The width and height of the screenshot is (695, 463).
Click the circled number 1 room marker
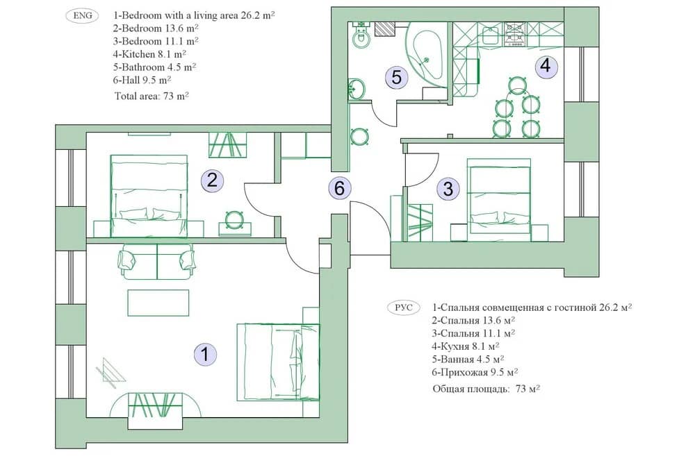[x=205, y=354]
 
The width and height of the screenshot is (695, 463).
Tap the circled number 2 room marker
[x=212, y=180]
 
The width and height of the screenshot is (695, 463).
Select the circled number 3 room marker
[x=448, y=189]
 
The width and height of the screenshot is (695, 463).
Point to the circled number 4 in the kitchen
[x=546, y=66]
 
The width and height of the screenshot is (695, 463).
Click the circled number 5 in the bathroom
[x=397, y=77]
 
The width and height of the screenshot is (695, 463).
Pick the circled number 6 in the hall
[x=340, y=187]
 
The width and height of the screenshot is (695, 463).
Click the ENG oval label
[x=83, y=15]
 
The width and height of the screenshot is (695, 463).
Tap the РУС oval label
[x=402, y=308]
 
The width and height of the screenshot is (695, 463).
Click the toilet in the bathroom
[x=362, y=35]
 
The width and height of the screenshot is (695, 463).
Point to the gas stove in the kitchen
[x=515, y=35]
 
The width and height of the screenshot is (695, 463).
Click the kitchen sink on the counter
[x=491, y=35]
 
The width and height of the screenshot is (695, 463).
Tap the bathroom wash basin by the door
[x=357, y=89]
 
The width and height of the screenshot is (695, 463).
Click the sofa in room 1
[x=157, y=262]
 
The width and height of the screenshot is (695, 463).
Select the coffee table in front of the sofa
[x=158, y=303]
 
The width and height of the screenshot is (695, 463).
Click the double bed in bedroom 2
[x=149, y=196]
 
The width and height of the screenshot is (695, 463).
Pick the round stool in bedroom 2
[x=234, y=219]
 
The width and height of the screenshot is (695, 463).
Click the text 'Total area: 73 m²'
[x=152, y=96]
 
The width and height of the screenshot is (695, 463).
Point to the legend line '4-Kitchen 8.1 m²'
[x=149, y=54]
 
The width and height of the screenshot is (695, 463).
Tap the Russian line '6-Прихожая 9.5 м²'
[x=475, y=372]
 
